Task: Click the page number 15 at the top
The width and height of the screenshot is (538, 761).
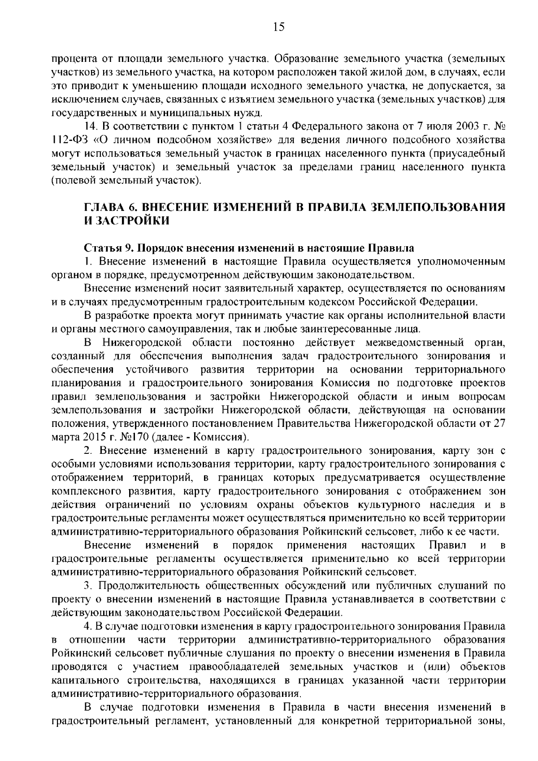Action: [278, 28]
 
